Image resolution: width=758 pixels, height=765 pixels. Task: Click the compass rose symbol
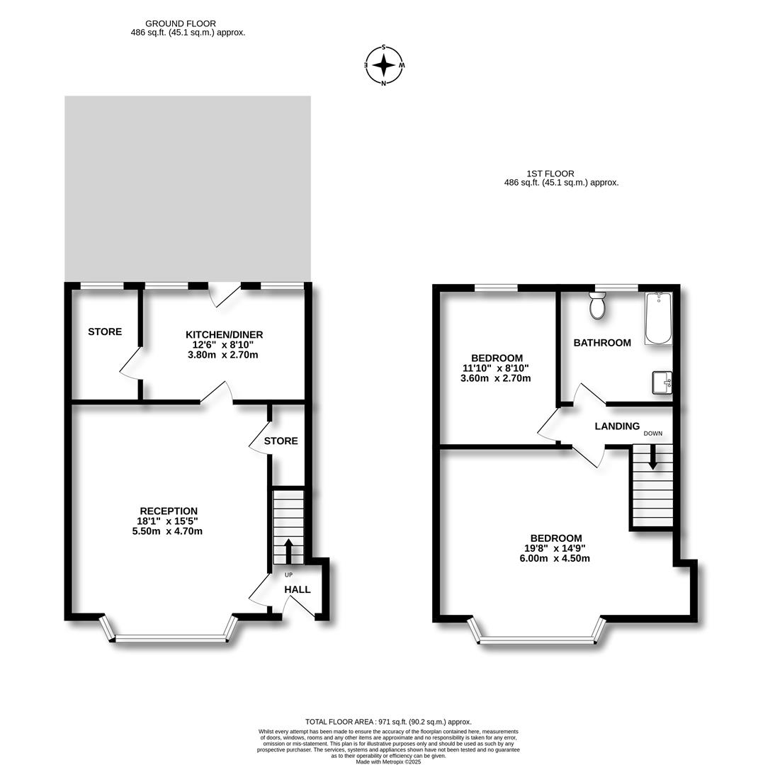tap(384, 65)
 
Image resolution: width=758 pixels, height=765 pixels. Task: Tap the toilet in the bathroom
tap(596, 306)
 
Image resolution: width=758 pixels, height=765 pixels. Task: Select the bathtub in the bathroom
tap(658, 318)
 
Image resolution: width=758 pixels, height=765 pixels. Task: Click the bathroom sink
tap(662, 382)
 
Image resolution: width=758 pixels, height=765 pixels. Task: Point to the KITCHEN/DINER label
tap(224, 334)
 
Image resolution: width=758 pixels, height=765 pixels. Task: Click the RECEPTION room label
tap(169, 511)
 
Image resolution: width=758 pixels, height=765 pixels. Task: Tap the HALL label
tap(298, 589)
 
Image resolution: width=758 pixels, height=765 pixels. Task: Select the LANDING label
tap(617, 426)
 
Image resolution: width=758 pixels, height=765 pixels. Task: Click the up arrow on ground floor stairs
tap(288, 550)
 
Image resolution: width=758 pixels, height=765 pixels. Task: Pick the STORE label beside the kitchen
tap(105, 331)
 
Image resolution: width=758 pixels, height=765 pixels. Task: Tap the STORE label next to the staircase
tap(281, 441)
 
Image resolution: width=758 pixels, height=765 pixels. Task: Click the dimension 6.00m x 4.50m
tap(555, 558)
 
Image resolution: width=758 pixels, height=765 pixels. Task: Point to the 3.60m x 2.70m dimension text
tap(495, 378)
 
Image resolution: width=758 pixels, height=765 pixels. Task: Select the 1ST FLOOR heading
tap(550, 174)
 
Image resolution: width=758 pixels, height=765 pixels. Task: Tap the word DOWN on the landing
tap(653, 433)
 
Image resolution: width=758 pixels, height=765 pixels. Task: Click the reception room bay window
tap(171, 638)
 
